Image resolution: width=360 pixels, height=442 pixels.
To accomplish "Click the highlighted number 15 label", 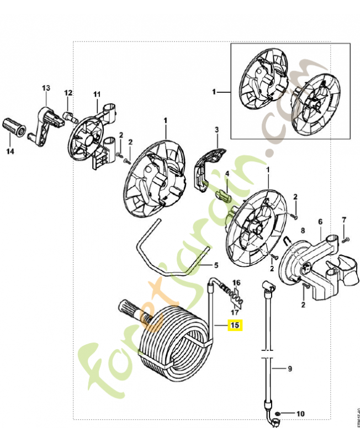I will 235,325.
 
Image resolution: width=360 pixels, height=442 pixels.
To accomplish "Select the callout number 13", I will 46,88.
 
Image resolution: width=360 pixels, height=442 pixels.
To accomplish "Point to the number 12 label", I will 68,93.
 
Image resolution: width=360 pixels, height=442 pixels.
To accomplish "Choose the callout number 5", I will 216,265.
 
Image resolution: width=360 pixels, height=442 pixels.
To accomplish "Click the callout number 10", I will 300,413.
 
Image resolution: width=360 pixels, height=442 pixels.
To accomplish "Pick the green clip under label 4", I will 221,195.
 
